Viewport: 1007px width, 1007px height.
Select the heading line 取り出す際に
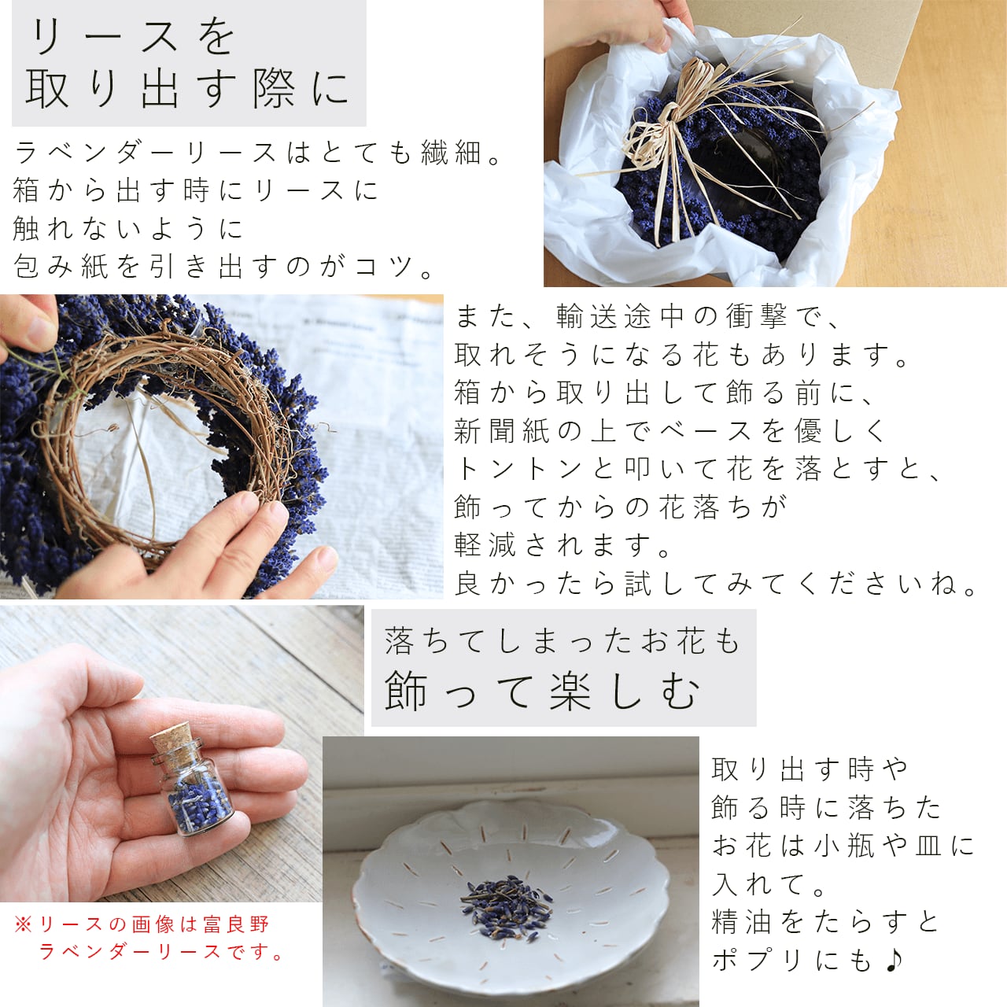[188, 89]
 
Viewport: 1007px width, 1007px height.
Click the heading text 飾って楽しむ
[542, 692]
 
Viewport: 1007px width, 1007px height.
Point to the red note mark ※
[24, 924]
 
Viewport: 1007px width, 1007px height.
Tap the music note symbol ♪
[894, 959]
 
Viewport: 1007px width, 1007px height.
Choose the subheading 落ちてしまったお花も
[563, 641]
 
